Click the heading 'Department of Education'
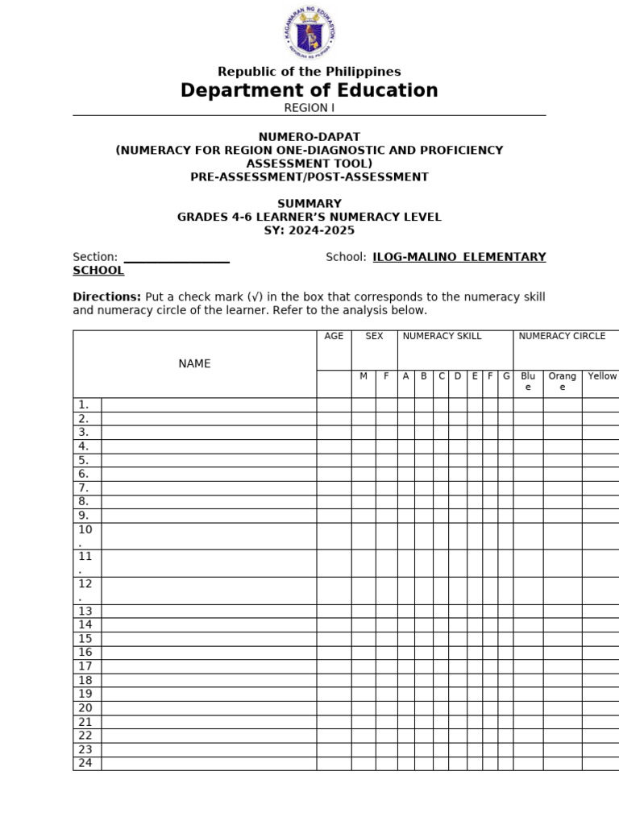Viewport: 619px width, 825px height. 309,90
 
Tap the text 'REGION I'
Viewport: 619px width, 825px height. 309,108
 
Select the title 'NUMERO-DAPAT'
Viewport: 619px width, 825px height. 309,137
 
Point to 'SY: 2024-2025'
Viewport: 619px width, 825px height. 309,230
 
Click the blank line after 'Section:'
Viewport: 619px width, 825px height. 177,258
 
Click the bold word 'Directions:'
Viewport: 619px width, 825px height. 107,297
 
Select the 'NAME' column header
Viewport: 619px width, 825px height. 194,364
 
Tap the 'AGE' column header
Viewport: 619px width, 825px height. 334,336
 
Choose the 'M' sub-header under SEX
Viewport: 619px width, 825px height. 364,376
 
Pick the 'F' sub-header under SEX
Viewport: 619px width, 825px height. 386,376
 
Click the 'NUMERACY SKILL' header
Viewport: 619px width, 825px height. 442,336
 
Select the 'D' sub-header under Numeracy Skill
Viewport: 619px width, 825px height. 458,376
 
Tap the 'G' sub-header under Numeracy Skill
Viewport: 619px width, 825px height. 505,376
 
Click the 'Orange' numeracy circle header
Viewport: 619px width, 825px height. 562,381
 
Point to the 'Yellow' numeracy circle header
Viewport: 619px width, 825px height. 602,376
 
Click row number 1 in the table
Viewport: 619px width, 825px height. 84,404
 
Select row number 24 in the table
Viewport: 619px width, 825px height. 85,763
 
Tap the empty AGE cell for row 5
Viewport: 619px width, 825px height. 334,460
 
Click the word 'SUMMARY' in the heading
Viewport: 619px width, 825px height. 309,204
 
